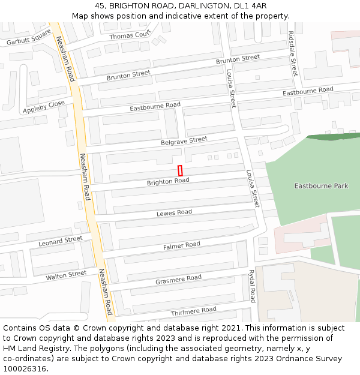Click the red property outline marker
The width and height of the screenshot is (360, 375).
pos(180,170)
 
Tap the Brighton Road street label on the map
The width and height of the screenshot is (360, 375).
pos(168,181)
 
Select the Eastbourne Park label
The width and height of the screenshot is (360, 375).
pos(321,186)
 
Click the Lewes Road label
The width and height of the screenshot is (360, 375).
pos(174,213)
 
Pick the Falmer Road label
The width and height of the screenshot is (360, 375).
pos(182,245)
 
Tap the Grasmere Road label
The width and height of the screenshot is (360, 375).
pos(178,278)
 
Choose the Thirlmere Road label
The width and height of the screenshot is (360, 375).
pos(193,311)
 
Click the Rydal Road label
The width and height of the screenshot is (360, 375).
pos(252,286)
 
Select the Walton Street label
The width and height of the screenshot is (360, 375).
pos(66,275)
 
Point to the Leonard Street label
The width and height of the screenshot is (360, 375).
pos(61,241)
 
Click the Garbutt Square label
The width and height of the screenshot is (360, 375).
pos(29,38)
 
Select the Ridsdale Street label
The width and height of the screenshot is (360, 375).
pos(293,54)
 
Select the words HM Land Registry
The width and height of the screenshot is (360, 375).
pos(35,349)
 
